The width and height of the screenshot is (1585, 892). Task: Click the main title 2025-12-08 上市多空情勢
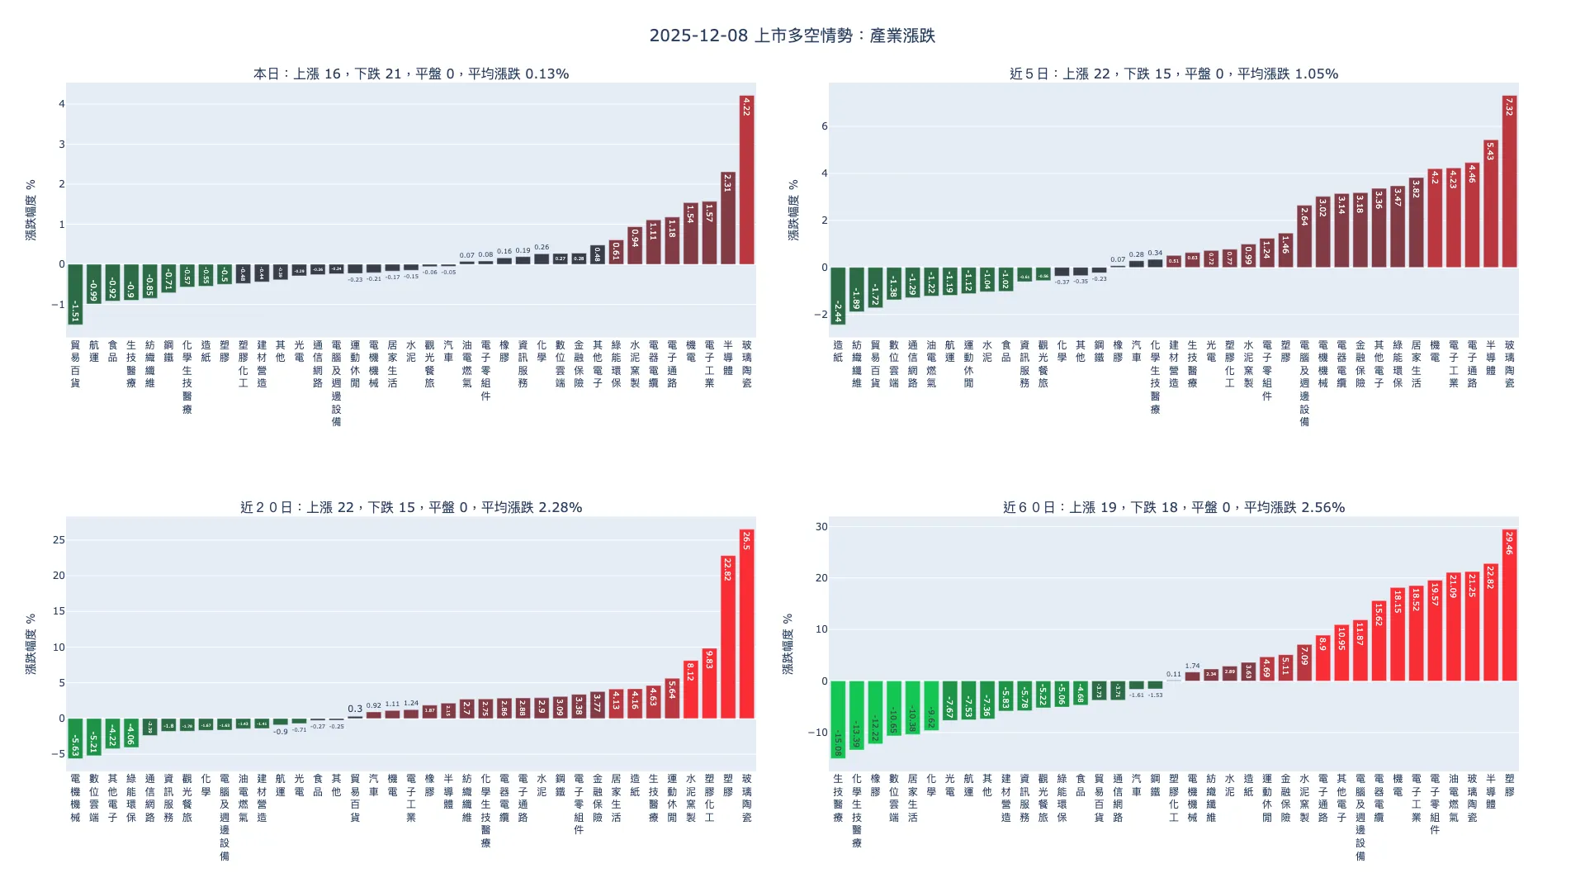tap(792, 36)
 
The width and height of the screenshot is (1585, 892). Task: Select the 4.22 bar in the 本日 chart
tap(746, 180)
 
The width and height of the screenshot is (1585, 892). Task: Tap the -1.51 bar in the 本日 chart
tap(75, 294)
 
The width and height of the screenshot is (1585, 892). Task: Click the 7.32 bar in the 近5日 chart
tap(1509, 182)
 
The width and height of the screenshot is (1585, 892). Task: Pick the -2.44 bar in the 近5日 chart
tap(838, 296)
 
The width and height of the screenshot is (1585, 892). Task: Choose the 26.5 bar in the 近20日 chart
tap(746, 624)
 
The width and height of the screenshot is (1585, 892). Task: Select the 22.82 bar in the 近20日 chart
tap(727, 637)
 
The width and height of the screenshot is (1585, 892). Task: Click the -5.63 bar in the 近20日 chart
tap(75, 738)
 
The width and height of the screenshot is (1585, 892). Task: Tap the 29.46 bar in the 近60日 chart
tap(1509, 605)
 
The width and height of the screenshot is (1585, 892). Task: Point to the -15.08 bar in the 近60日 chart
tap(838, 719)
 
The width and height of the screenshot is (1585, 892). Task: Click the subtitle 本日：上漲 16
tap(410, 74)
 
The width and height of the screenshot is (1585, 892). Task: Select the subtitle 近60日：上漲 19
tap(1173, 507)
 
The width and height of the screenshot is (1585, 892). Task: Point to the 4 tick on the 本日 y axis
tap(61, 104)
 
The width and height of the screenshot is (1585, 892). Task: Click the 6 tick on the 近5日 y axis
tap(824, 126)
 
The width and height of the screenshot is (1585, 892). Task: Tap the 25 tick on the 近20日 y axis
tap(59, 540)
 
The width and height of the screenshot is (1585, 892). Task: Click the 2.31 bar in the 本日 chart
tap(727, 218)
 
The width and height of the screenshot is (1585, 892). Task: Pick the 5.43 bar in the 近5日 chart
tap(1490, 204)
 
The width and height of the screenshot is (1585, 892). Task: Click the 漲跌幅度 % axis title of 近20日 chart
tap(31, 644)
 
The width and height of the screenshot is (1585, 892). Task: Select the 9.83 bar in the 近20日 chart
tap(709, 683)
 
